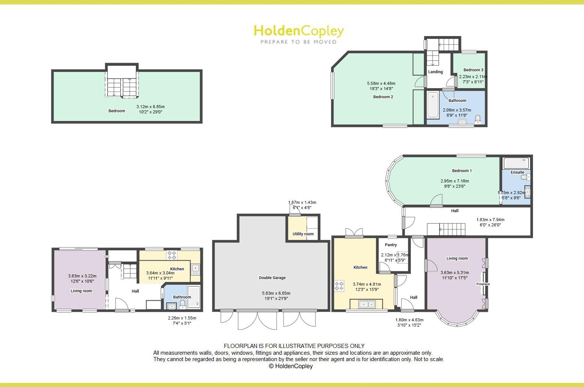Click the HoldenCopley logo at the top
pyautogui.click(x=299, y=31)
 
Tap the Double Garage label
pyautogui.click(x=272, y=278)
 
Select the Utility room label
pyautogui.click(x=303, y=234)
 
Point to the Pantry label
pyautogui.click(x=391, y=245)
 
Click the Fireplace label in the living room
pyautogui.click(x=483, y=284)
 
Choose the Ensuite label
pyautogui.click(x=517, y=172)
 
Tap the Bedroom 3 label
pyautogui.click(x=473, y=70)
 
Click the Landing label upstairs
pyautogui.click(x=435, y=72)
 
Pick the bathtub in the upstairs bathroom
pyautogui.click(x=432, y=105)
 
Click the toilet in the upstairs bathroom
pyautogui.click(x=478, y=120)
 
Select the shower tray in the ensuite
pyautogui.click(x=516, y=163)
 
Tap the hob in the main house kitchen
pyautogui.click(x=339, y=286)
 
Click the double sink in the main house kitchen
pyautogui.click(x=366, y=304)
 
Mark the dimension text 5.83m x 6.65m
pyautogui.click(x=276, y=293)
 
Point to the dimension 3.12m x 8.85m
pyautogui.click(x=150, y=107)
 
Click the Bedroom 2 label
pyautogui.click(x=383, y=97)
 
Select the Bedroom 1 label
pyautogui.click(x=462, y=171)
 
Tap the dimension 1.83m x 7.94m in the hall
pyautogui.click(x=490, y=220)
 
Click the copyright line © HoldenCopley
pyautogui.click(x=291, y=366)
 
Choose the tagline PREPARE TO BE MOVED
pyautogui.click(x=299, y=42)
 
